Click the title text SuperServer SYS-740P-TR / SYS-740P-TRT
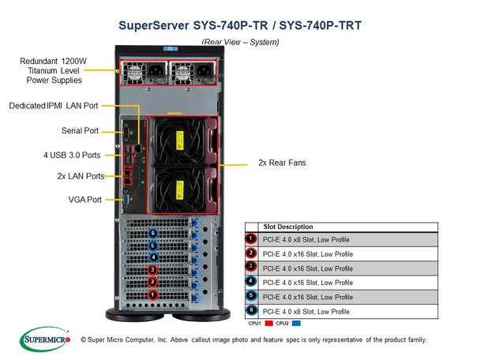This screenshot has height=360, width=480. click(239, 24)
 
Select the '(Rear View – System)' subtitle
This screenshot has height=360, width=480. click(239, 40)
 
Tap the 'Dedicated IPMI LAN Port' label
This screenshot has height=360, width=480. click(54, 104)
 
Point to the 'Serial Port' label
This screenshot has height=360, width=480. click(79, 130)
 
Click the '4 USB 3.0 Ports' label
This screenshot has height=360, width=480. click(69, 154)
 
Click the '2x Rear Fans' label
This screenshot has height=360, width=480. click(282, 163)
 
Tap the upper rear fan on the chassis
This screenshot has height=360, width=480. click(180, 140)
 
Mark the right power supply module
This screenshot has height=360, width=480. click(191, 74)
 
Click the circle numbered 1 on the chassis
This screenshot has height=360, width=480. click(153, 294)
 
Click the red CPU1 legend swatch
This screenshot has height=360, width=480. click(268, 323)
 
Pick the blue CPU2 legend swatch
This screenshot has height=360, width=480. click(297, 323)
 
